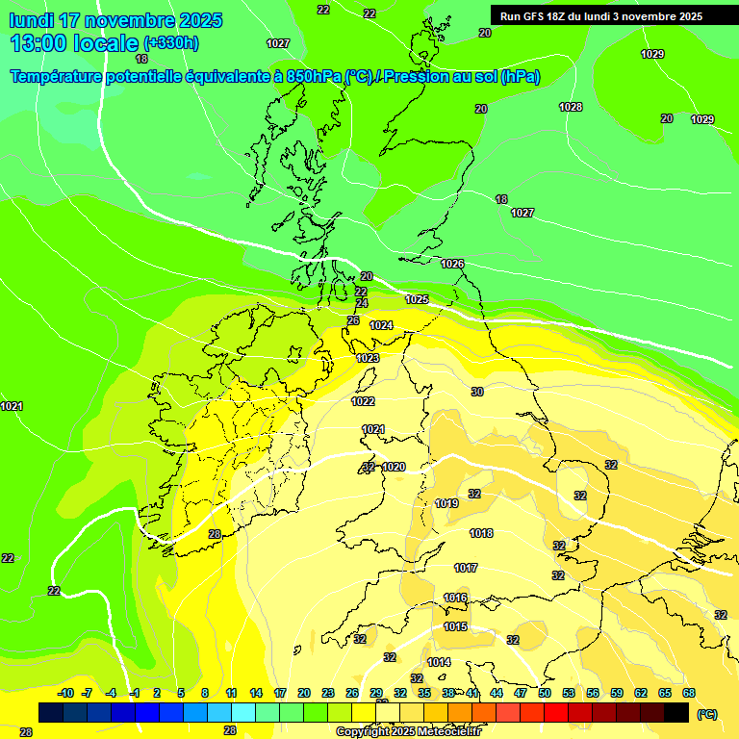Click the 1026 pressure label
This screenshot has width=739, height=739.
452,264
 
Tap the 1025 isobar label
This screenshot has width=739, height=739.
417,300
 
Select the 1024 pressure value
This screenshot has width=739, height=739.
381,325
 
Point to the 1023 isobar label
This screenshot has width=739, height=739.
368,358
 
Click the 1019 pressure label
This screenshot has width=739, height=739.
446,503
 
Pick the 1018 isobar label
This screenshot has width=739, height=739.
481,533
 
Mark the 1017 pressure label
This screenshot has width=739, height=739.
466,568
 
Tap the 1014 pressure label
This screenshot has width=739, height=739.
439,662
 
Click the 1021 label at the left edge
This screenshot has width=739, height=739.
12,407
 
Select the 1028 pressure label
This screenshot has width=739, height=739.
571,107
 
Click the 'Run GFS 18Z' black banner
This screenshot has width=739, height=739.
601,16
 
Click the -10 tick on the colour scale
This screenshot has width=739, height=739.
65,693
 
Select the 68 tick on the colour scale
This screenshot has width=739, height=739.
689,693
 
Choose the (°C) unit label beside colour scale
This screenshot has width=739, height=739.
707,714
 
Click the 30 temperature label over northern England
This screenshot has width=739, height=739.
477,392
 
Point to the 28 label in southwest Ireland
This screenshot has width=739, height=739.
215,534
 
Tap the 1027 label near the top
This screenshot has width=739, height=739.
278,43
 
